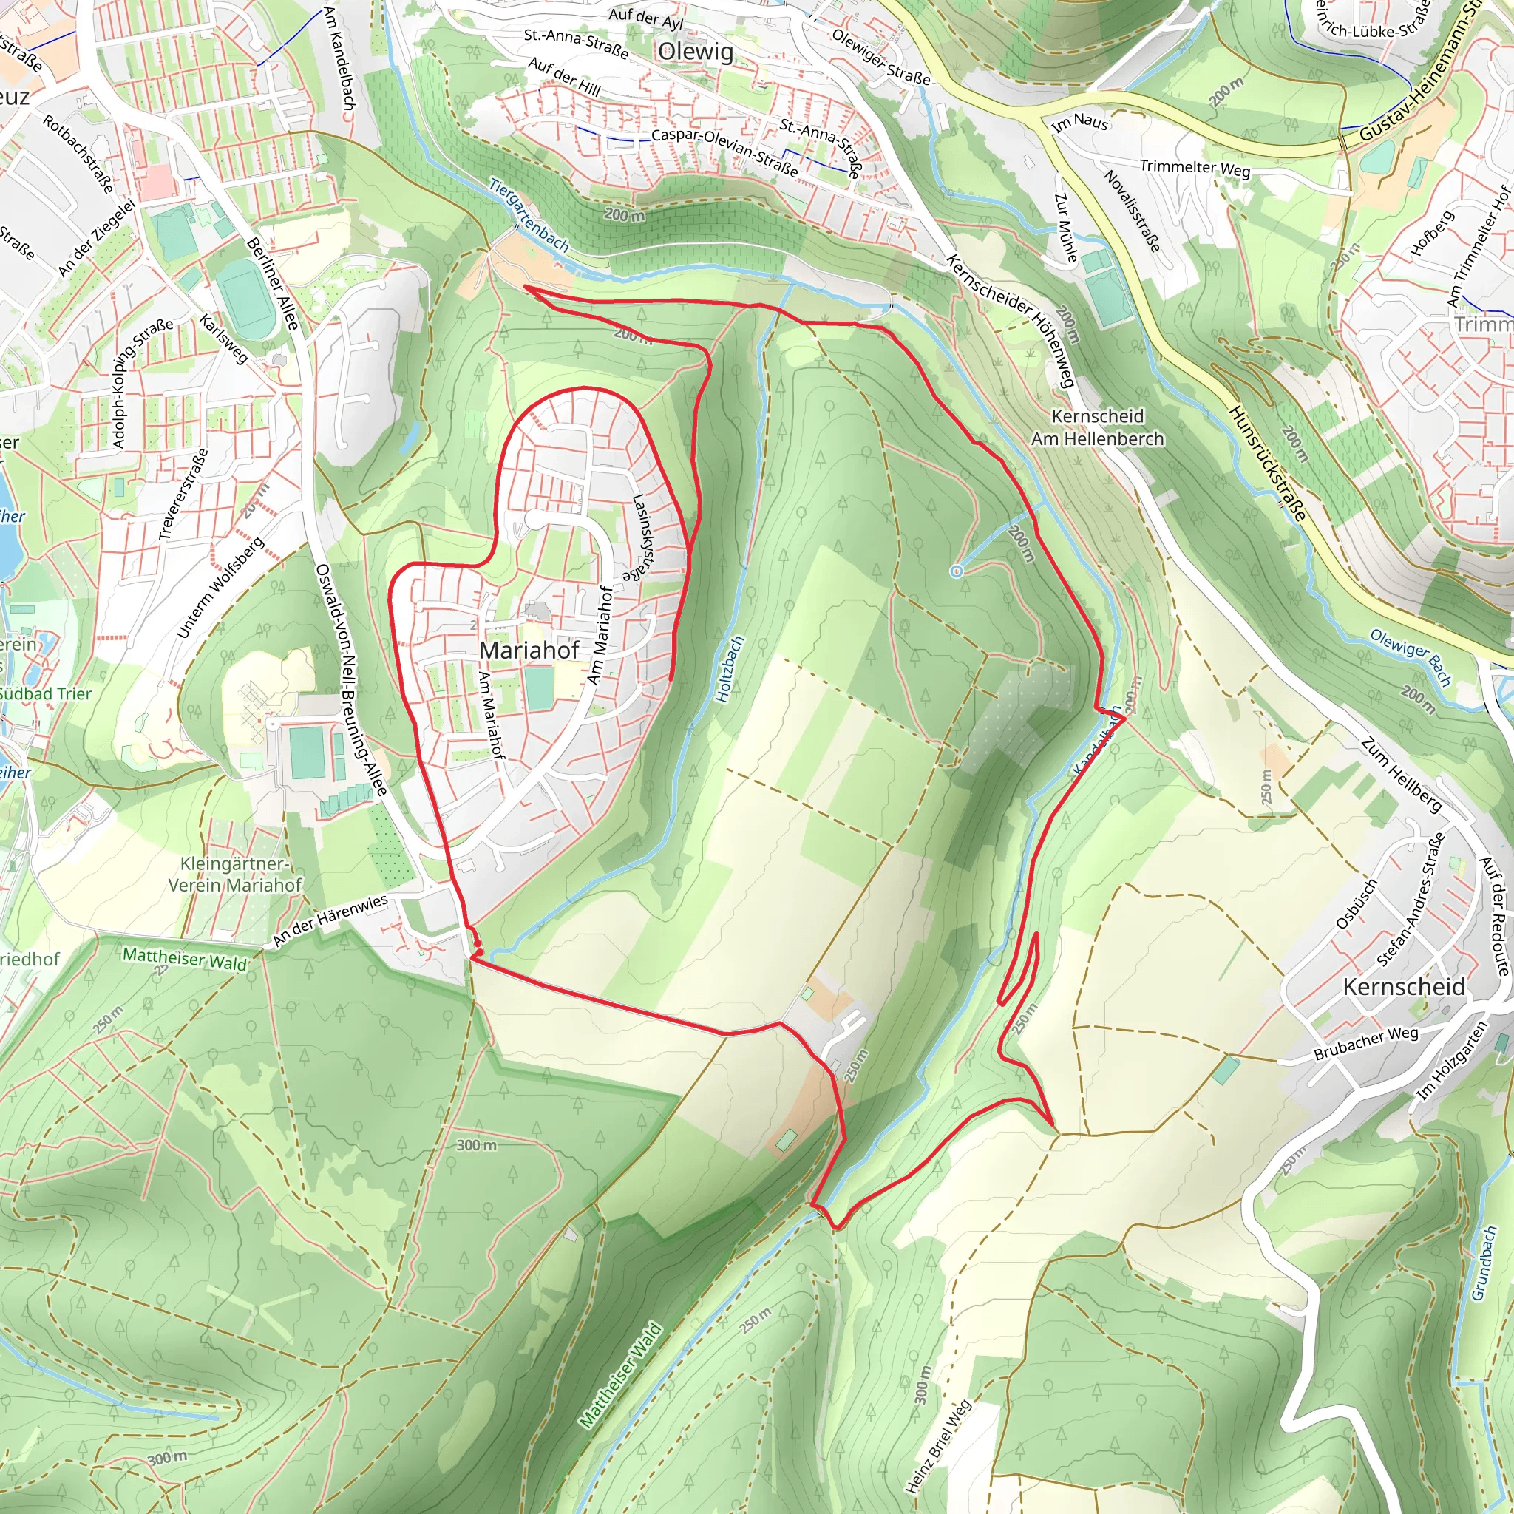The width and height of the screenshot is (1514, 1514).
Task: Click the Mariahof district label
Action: click(529, 651)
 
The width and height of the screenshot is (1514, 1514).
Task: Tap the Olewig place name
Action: click(696, 52)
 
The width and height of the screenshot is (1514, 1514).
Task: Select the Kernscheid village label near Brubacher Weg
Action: click(1404, 987)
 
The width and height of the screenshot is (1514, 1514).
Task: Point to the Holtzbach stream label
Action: click(730, 670)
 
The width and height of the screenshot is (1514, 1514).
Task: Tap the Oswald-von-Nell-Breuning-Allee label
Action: click(350, 679)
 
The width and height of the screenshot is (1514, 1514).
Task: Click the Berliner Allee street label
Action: click(273, 283)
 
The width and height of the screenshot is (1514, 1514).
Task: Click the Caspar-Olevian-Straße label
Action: click(725, 152)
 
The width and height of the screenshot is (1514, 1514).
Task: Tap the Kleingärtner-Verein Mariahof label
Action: click(234, 874)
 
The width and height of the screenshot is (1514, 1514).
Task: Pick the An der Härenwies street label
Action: click(330, 920)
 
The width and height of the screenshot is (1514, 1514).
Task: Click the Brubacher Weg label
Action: click(1367, 1043)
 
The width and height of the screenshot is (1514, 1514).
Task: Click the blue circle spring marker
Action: click(956, 571)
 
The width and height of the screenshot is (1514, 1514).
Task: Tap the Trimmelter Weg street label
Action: click(1195, 168)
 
